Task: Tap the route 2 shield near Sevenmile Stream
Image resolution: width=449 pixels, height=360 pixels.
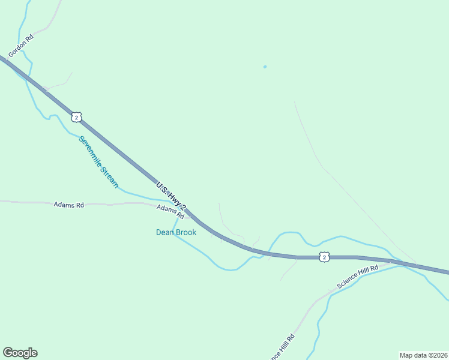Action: click(76, 117)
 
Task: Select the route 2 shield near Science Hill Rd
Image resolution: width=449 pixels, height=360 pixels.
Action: click(324, 257)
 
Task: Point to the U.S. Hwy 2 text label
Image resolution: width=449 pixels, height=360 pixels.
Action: click(172, 197)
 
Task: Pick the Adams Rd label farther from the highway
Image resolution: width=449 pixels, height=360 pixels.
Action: click(68, 205)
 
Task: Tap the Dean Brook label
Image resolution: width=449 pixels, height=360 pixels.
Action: click(176, 232)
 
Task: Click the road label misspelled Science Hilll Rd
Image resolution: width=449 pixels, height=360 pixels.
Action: click(357, 277)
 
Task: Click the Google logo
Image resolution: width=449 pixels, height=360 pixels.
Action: click(20, 353)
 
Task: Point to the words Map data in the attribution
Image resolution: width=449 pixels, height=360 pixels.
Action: click(412, 355)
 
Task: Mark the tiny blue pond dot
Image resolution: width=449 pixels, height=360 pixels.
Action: click(265, 67)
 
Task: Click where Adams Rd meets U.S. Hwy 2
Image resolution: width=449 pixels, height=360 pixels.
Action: click(187, 215)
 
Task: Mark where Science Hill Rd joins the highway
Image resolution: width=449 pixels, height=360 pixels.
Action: click(393, 262)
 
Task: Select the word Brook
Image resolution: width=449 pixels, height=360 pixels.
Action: click(186, 232)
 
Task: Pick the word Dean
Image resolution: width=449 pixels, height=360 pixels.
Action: click(165, 232)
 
